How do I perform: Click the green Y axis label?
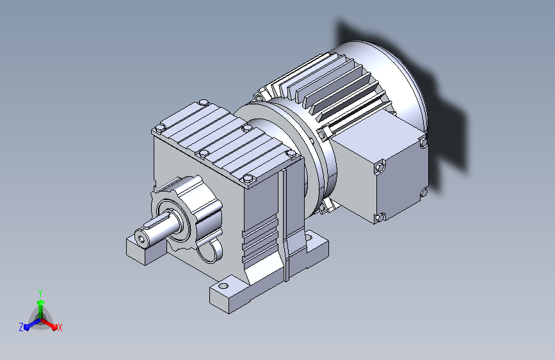click(x=40, y=293)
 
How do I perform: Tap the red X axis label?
click(x=60, y=327)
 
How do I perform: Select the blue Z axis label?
click(x=21, y=327)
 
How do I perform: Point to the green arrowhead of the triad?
click(x=41, y=302)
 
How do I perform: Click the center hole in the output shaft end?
click(x=142, y=240)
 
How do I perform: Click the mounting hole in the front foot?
click(x=223, y=286)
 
